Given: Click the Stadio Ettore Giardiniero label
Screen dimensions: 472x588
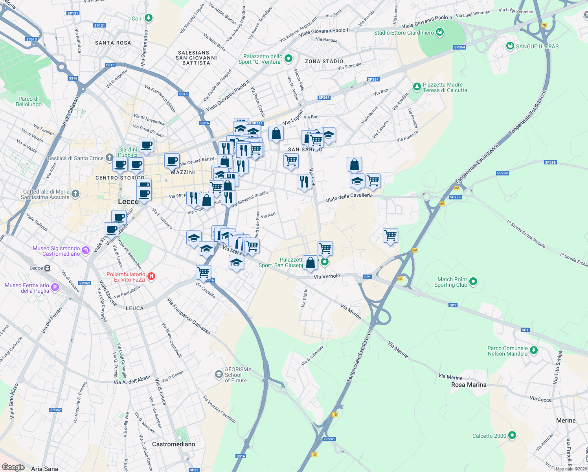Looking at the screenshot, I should point(404,33).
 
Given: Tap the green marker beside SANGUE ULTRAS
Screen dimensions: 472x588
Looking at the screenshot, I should point(510,46).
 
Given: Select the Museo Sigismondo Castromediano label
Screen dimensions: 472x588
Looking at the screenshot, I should point(56,251).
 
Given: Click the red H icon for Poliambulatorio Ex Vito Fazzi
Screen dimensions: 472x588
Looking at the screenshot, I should point(151,277).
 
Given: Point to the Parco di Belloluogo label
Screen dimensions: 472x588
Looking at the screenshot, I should point(28,101).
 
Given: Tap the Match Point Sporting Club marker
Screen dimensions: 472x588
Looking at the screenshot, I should point(473,281).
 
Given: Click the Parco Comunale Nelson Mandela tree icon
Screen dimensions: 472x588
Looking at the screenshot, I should point(533,350).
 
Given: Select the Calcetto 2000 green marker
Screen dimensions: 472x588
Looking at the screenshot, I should point(512,435).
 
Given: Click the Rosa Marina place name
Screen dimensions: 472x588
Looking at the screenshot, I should point(469,385).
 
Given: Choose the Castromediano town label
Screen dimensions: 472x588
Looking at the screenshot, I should point(173,444).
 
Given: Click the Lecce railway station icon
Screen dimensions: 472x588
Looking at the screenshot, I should point(47,268).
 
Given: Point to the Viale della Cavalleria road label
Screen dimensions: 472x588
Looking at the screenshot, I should point(349,197).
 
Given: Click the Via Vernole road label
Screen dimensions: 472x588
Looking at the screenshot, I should point(327,277).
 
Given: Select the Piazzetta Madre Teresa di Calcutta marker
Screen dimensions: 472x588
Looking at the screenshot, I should point(417,86).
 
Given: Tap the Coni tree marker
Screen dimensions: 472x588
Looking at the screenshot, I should point(148,18).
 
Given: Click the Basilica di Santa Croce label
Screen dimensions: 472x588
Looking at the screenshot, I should point(75,158).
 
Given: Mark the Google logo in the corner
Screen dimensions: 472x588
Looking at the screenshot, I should point(13,467).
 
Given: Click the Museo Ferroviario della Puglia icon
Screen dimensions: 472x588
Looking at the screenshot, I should point(55,288).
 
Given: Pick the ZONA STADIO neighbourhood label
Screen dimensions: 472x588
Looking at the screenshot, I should point(324,61).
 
